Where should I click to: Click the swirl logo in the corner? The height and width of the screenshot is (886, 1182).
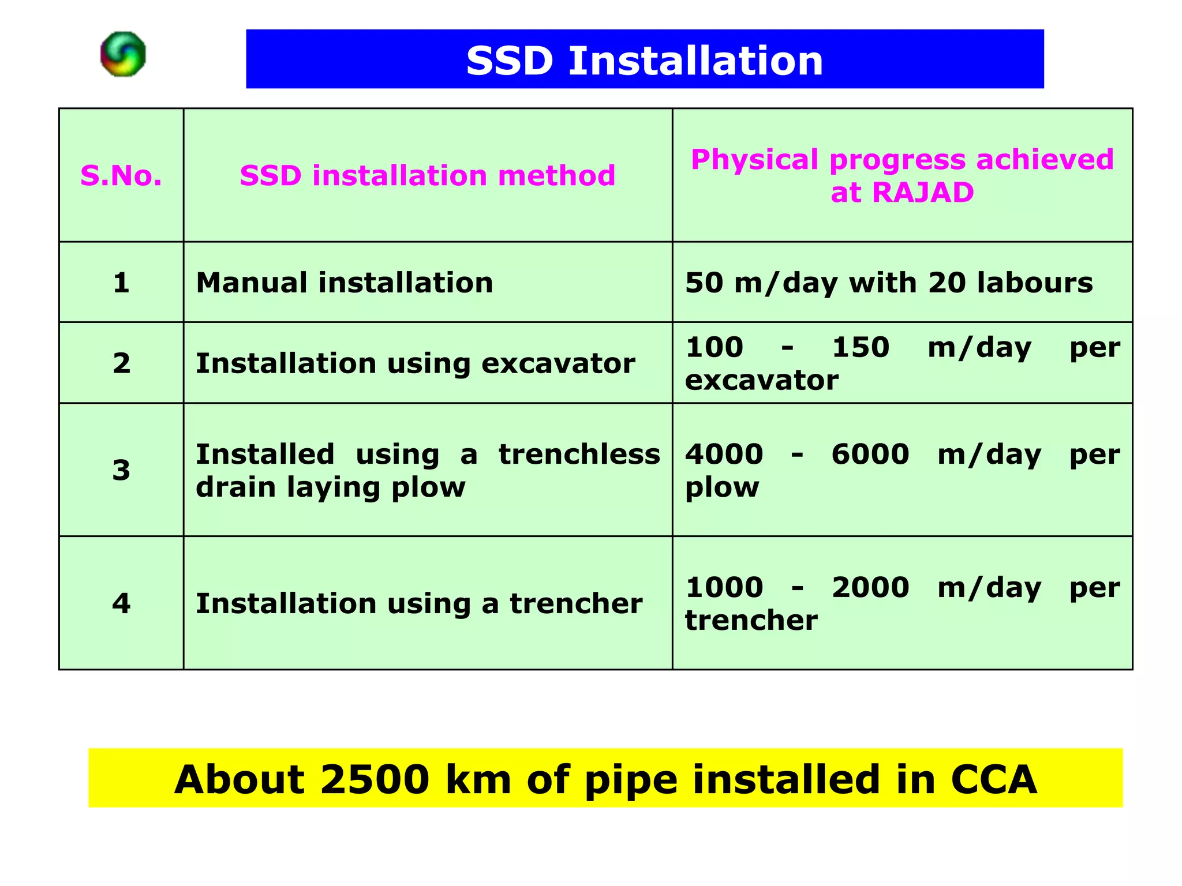coord(123,54)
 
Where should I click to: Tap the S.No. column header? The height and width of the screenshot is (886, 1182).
coord(121,175)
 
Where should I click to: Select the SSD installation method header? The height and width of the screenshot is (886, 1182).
coord(427,175)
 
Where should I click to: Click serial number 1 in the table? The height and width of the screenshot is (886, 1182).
coord(121,283)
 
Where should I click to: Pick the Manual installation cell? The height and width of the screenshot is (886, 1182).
coord(345,283)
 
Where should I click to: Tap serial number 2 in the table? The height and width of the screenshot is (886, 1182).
coord(121,363)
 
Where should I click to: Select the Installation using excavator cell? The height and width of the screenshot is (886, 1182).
coord(416,363)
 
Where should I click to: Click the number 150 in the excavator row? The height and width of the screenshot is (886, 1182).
coord(860,347)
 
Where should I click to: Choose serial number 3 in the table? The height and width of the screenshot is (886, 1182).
coord(121,470)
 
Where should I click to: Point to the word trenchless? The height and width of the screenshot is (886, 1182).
coord(579,454)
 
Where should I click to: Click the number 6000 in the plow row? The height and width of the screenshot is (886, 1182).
coord(870,454)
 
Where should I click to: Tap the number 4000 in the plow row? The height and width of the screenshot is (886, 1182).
coord(724,454)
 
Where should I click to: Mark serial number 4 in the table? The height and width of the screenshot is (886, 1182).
coord(121,603)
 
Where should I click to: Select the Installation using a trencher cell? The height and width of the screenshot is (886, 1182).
coord(419,603)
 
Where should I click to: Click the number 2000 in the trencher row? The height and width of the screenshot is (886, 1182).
coord(870,587)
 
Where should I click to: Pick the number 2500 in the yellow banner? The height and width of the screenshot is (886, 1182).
coord(375,779)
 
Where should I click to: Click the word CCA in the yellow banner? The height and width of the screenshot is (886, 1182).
coord(993,779)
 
